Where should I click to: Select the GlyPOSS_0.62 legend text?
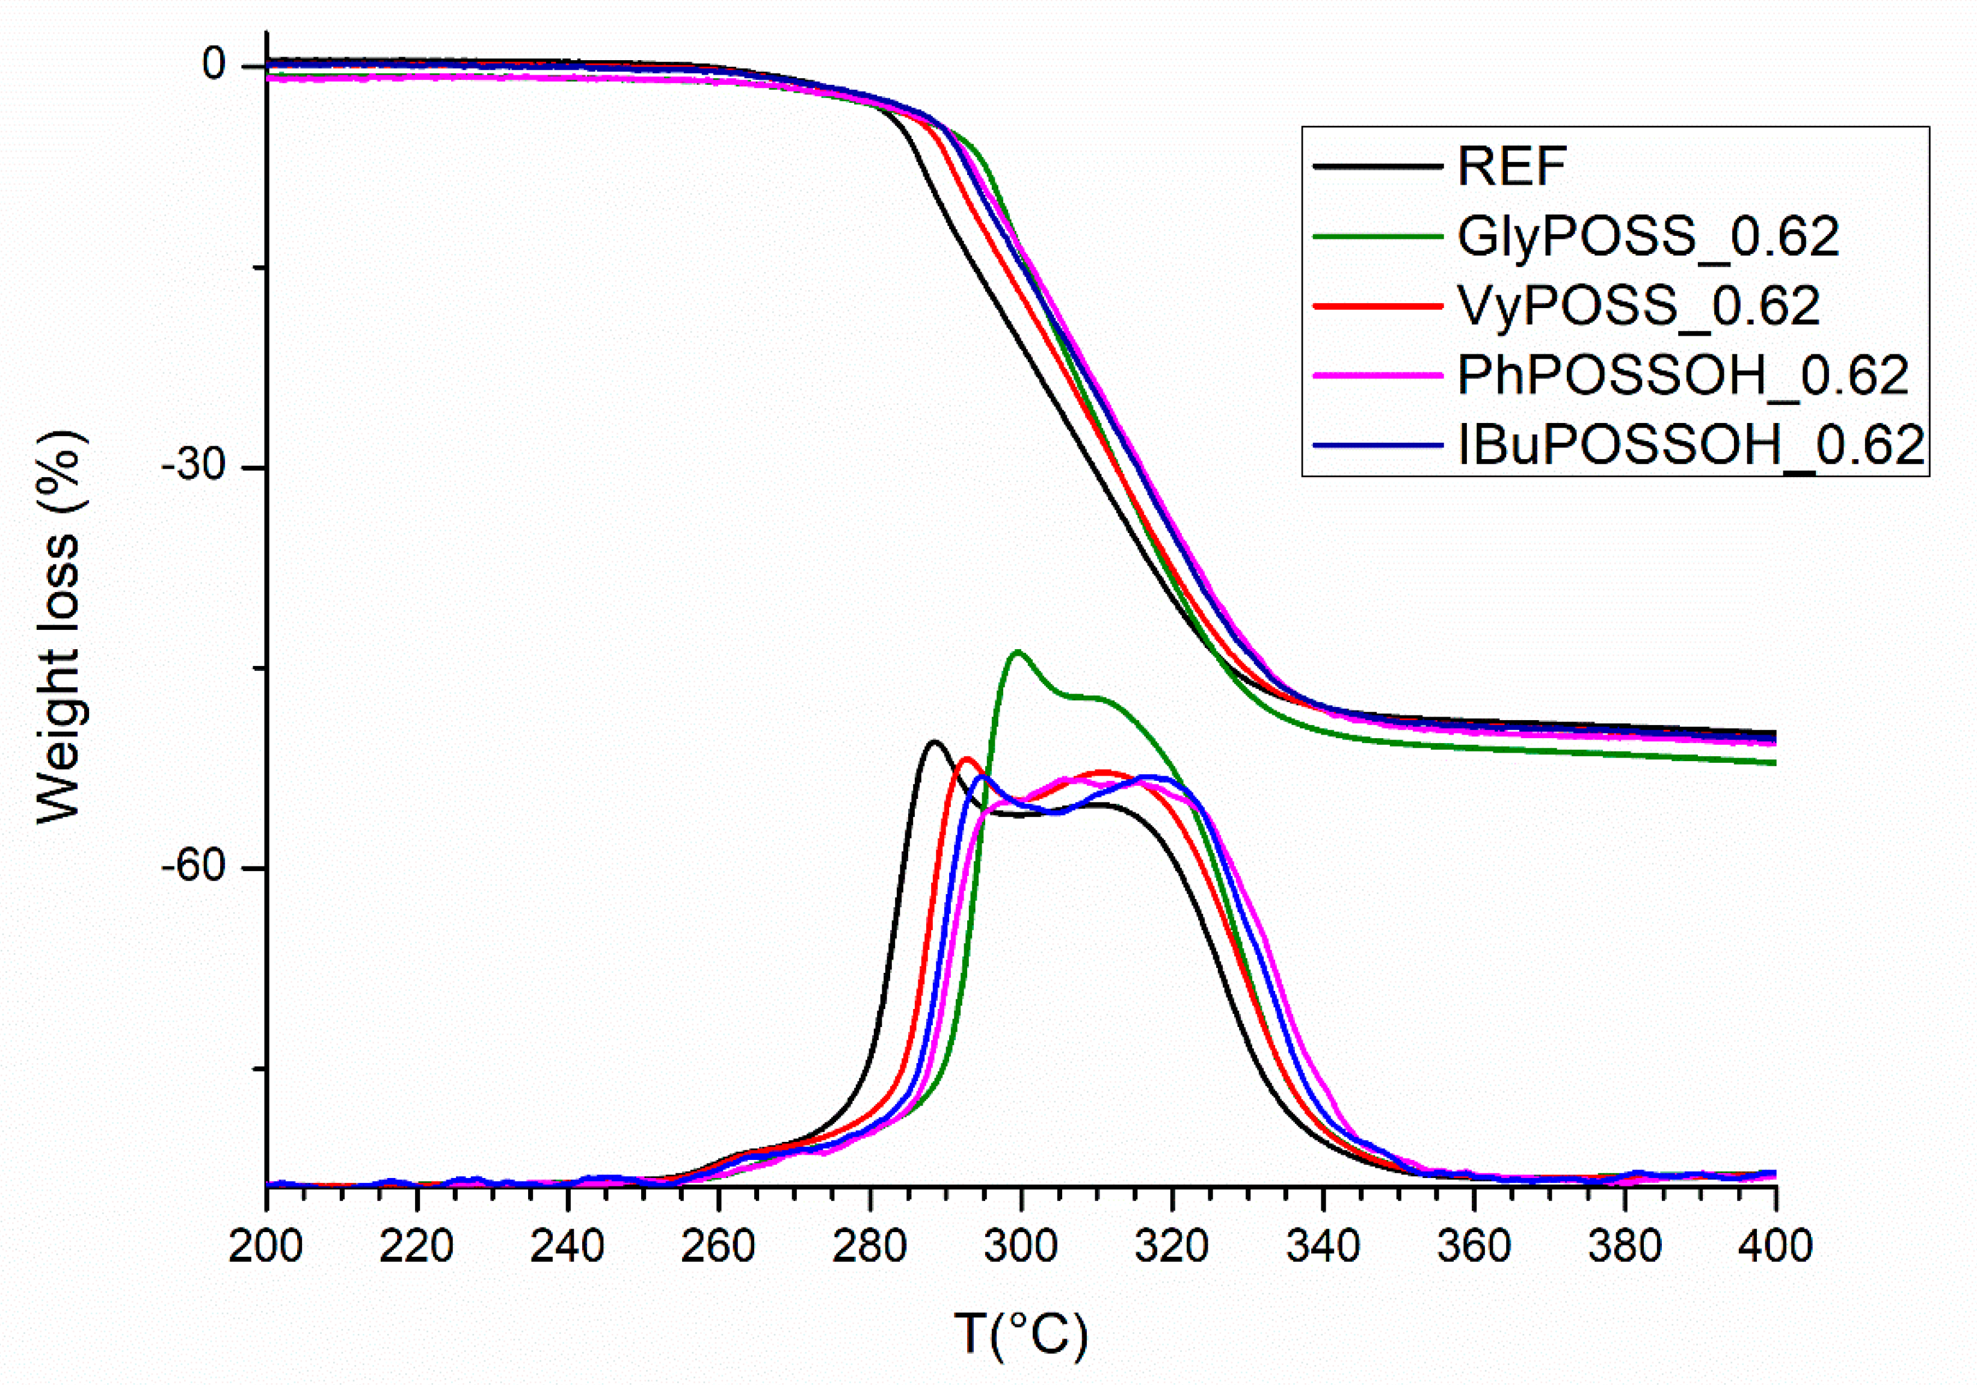coord(1648,236)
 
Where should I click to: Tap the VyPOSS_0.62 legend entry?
coord(1638,305)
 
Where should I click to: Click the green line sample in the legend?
coord(1378,236)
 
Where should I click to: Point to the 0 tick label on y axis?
coord(214,64)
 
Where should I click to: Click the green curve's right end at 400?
coord(1774,762)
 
